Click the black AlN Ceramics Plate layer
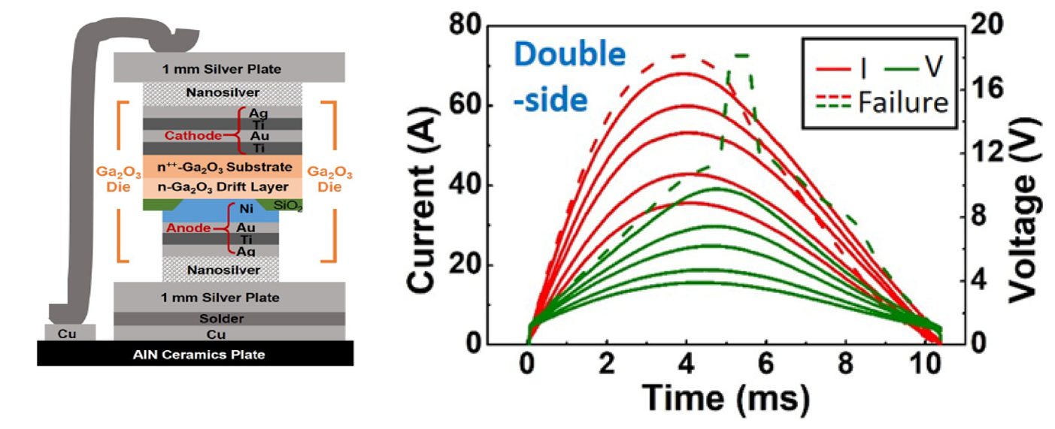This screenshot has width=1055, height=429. [x=195, y=354]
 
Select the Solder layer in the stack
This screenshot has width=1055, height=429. [x=229, y=319]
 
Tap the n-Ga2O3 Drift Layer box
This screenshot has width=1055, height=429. [x=222, y=186]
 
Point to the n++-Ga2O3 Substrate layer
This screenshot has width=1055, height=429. [x=222, y=166]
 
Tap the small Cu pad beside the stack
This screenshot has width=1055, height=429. [x=70, y=331]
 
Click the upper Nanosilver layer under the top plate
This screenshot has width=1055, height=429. [x=223, y=93]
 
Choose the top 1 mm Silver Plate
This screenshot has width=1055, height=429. [x=229, y=69]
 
